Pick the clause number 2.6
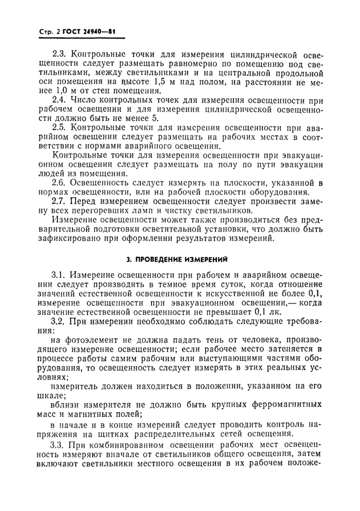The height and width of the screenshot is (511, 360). pos(60,182)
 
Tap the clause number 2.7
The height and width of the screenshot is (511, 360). pos(60,201)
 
